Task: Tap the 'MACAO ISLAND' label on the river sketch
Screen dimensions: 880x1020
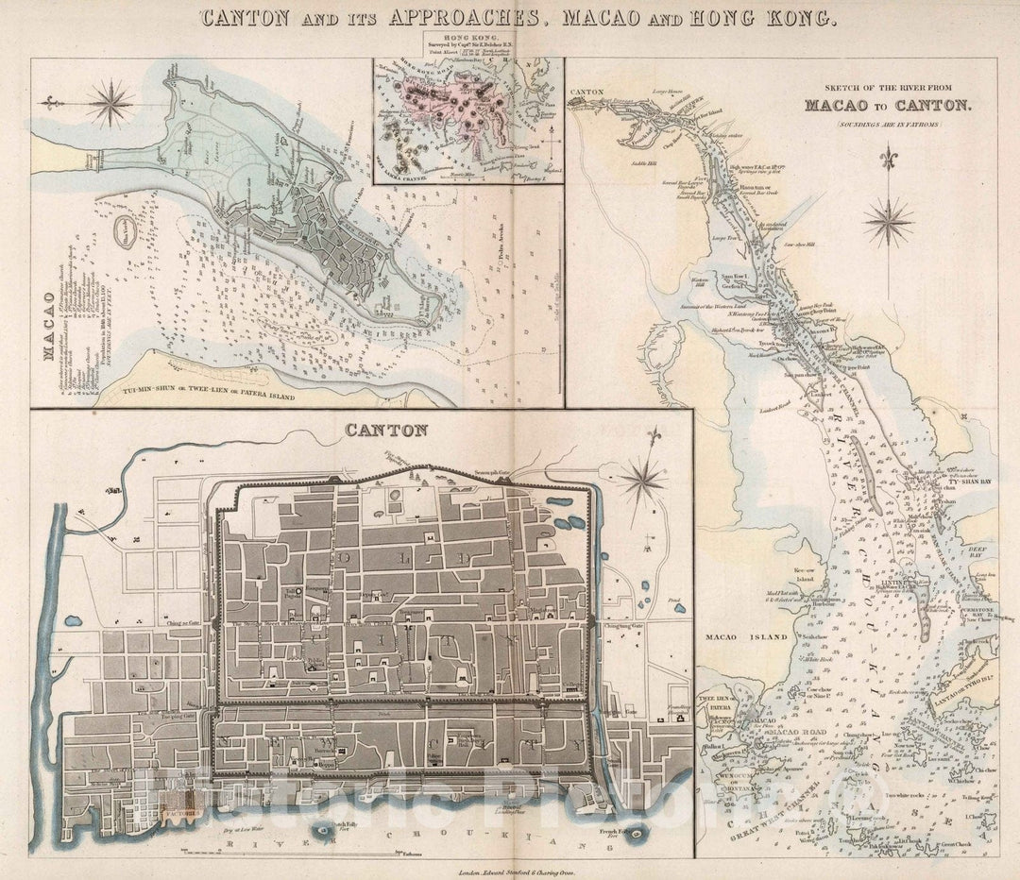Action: (x=745, y=637)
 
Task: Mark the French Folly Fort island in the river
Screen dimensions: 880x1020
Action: (x=641, y=834)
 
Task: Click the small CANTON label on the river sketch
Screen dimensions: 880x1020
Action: (x=587, y=93)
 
